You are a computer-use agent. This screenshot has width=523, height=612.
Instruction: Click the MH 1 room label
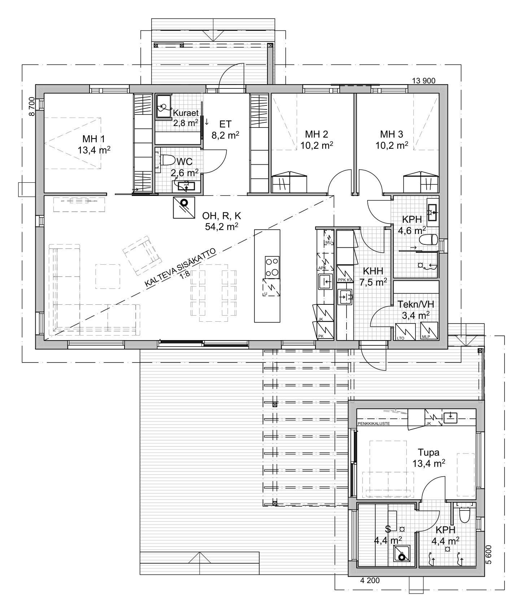[x=93, y=139]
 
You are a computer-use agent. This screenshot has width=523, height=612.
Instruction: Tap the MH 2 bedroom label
[x=317, y=134]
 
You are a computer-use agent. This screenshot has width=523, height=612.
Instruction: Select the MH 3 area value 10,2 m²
[x=392, y=145]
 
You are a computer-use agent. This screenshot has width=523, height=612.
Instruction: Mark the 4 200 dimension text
[x=370, y=581]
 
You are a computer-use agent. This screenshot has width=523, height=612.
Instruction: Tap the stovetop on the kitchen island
[x=272, y=268]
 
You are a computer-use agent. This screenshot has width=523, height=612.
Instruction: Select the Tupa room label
[x=428, y=452]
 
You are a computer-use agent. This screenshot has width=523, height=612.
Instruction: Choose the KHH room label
[x=373, y=271]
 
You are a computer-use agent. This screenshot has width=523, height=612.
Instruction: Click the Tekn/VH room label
[x=415, y=304]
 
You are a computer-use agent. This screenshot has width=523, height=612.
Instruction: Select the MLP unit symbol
[x=429, y=331]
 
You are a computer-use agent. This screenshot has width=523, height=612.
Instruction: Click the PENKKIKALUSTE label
[x=374, y=424]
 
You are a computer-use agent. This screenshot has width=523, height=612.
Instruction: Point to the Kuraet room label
[x=186, y=113]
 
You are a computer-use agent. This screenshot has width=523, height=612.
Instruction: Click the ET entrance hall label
[x=225, y=124]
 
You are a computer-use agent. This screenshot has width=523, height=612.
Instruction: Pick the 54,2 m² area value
[x=222, y=227]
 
